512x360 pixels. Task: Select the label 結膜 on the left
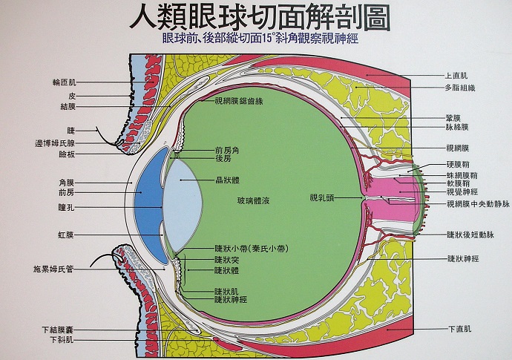(x=68, y=106)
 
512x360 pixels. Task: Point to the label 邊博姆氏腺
(x=54, y=142)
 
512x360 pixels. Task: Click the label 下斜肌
(x=62, y=339)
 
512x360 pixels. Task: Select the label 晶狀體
(x=227, y=180)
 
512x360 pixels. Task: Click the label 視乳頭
(x=323, y=197)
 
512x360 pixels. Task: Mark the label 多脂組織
(x=460, y=88)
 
